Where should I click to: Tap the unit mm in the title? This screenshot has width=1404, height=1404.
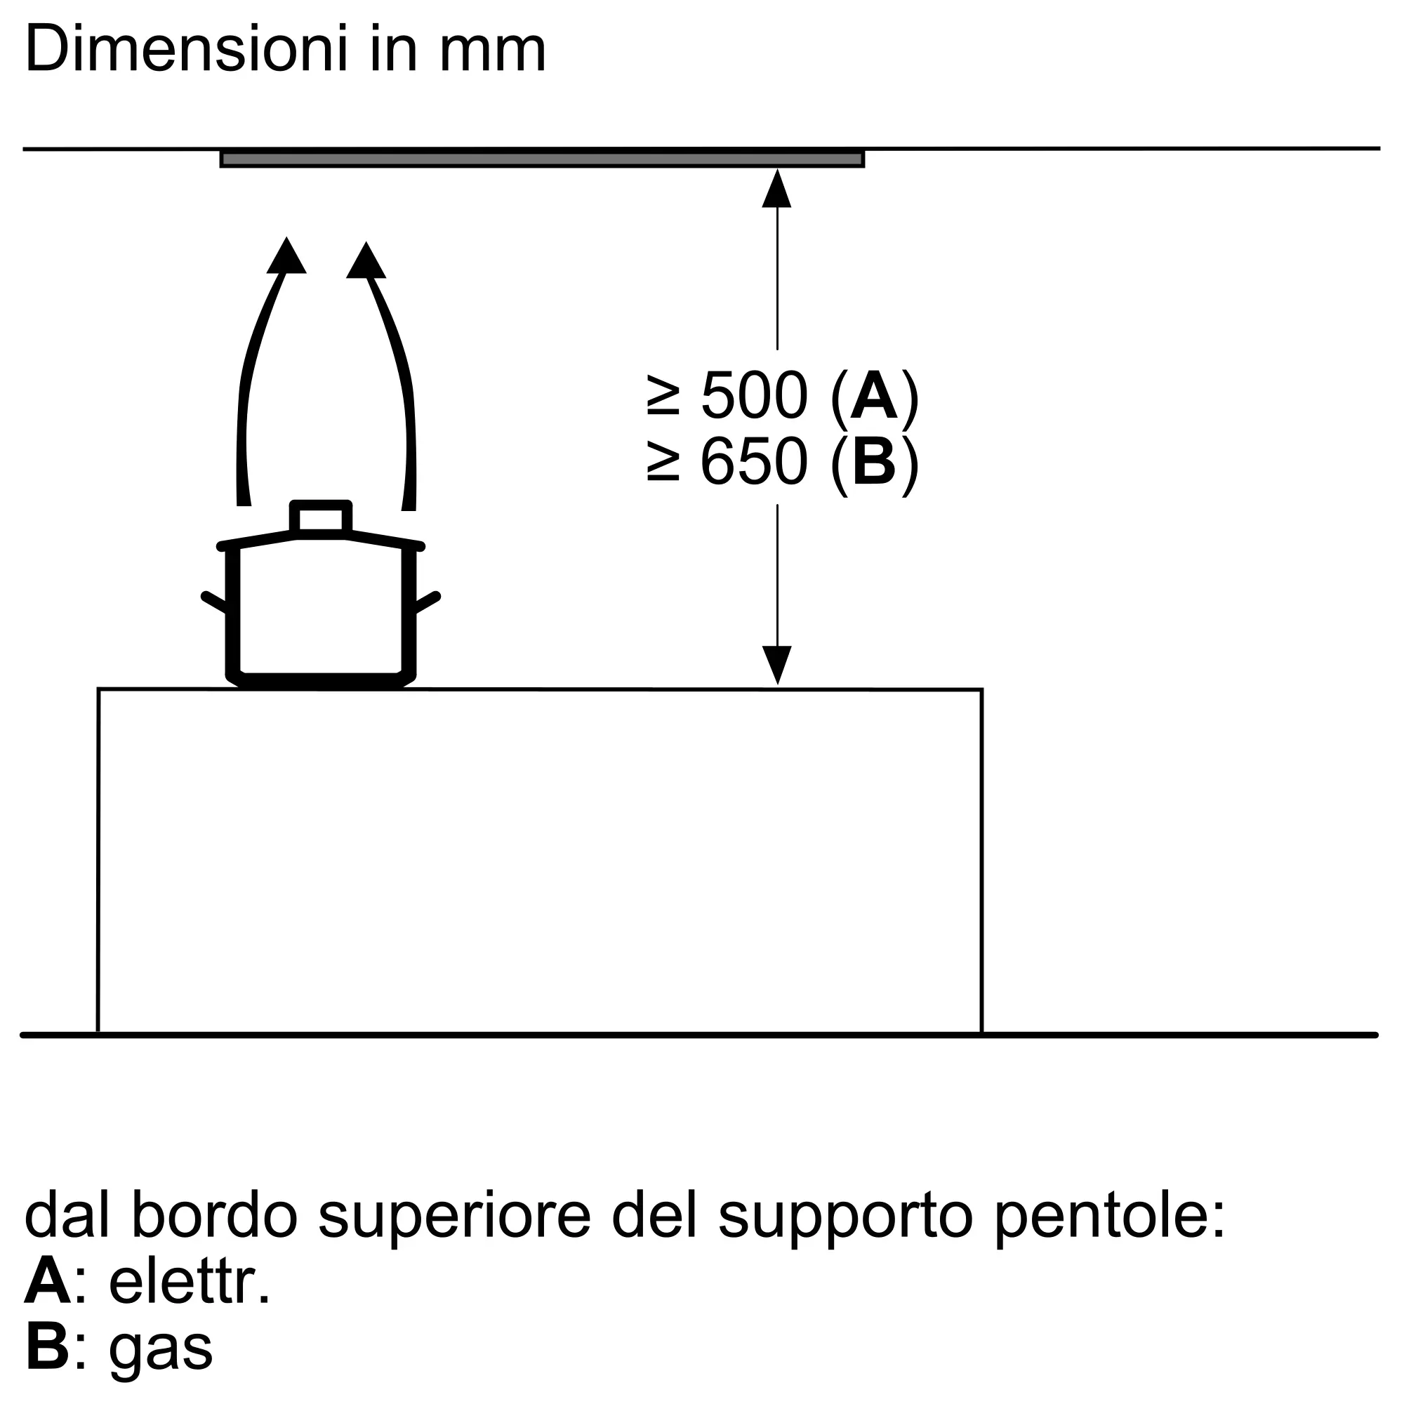point(493,55)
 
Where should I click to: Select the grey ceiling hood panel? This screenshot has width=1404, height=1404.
point(542,159)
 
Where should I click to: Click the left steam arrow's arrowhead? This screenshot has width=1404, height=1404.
point(286,255)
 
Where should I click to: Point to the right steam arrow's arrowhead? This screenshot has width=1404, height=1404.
point(366,260)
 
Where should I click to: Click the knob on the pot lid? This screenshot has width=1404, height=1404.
point(322,518)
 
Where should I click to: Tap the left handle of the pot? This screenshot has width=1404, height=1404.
point(215,602)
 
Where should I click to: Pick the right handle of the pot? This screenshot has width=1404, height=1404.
point(427,602)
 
